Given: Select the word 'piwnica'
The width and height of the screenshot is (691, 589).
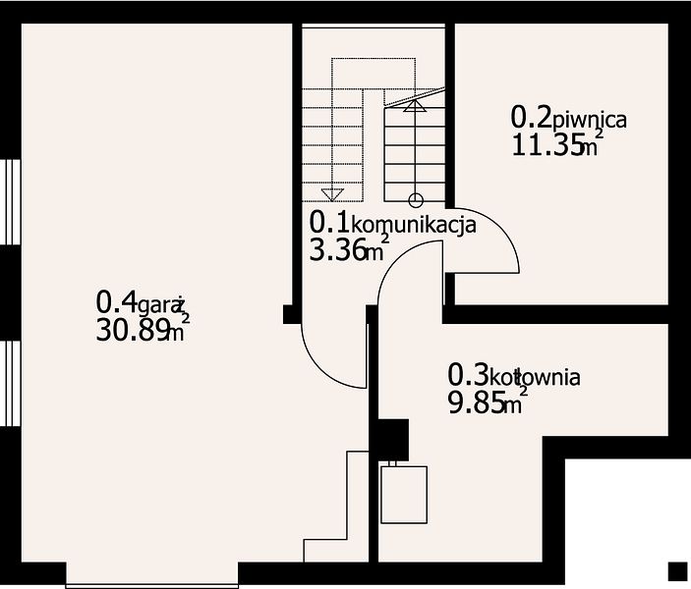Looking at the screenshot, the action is (590, 120).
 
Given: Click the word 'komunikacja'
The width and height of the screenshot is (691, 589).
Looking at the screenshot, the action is (413, 226).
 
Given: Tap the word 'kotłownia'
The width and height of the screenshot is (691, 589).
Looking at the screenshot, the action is (535, 378).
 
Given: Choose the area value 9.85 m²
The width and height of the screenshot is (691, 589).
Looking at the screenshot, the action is (488, 402).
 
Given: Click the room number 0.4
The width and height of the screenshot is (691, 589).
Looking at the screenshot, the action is (116, 302).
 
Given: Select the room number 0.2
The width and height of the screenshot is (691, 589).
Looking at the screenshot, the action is (532, 117).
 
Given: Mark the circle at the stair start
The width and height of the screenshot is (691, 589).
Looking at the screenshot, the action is (416, 200).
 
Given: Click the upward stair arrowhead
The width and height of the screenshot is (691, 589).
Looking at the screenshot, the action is (415, 106).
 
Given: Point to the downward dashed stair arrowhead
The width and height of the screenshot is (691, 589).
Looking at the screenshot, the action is (332, 194).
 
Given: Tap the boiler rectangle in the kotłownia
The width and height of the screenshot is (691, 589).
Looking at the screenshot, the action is (404, 495).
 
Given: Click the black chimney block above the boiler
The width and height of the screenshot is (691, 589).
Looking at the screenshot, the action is (392, 440).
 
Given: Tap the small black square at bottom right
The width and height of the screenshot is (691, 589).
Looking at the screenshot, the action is (678, 572).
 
